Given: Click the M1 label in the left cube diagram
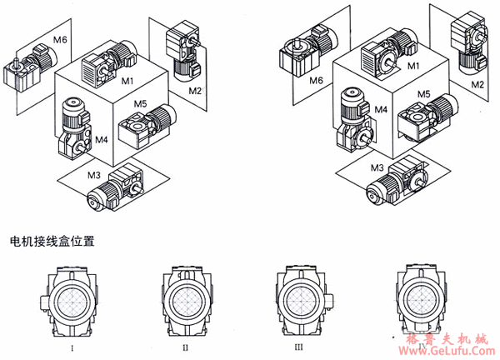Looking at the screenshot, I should (x=127, y=82).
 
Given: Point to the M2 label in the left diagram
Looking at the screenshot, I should (x=194, y=89).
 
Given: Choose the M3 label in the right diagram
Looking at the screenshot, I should (x=378, y=168).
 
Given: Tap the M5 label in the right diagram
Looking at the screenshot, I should (x=423, y=95).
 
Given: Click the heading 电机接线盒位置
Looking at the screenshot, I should (x=52, y=242).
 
